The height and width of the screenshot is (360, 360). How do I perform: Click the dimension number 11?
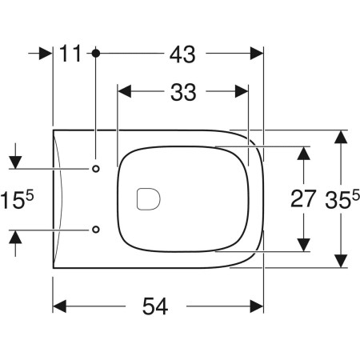pos(71,54)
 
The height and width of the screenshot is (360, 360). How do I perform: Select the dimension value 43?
pos(182,54)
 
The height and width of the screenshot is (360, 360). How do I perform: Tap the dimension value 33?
pos(182,93)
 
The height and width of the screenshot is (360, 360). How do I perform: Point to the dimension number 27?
pos(303,199)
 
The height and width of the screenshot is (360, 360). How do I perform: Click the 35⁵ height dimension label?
pos(342,198)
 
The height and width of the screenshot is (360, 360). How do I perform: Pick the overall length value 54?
pos(160,307)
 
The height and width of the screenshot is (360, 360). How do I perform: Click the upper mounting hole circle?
pos(95,169)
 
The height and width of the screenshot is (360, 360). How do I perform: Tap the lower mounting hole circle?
pos(95,229)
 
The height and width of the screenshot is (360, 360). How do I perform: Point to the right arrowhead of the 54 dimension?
pos(257,307)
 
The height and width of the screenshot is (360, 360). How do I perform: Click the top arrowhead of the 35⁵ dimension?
pos(342,137)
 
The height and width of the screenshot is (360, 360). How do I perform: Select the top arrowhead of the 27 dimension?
pos(304,152)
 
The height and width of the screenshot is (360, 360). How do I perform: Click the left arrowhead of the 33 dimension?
pos(123,93)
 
